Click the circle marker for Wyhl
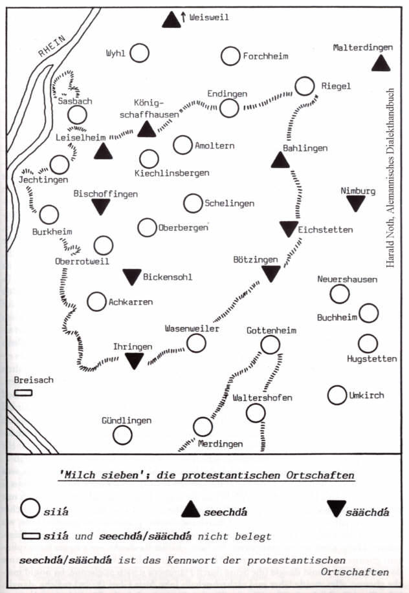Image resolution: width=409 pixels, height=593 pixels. click(139, 53)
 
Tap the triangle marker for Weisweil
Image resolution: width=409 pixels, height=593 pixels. click(171, 20)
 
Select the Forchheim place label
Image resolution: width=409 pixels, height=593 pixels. click(264, 56)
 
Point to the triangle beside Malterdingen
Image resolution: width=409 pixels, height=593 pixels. click(381, 63)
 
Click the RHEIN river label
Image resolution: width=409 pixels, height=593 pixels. click(52, 48)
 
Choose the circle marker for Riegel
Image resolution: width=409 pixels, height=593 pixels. click(305, 86)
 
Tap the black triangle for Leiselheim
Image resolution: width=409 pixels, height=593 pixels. click(103, 152)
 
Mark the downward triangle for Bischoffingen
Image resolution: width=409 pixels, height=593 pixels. click(100, 206)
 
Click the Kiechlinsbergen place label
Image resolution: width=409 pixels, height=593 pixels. click(172, 173)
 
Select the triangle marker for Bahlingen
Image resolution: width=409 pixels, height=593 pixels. click(281, 160)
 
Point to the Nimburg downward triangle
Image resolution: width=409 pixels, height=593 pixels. click(355, 204)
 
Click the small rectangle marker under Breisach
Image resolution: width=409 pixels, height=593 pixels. click(24, 393)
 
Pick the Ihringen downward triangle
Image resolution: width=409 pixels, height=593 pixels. click(135, 361)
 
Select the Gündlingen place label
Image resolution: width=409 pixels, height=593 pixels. click(126, 420)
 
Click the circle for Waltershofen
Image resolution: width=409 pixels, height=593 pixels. click(255, 413)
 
